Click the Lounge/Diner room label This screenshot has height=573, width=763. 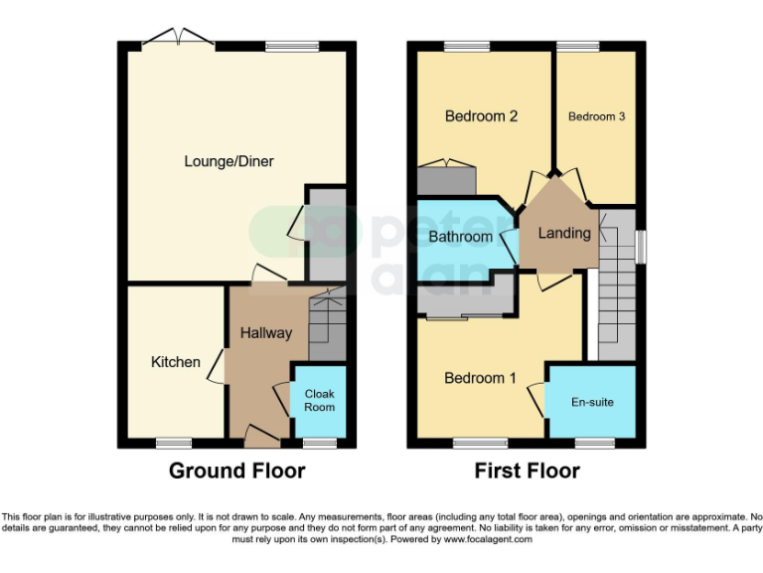[x=229, y=161]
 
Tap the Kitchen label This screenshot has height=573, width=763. [x=176, y=362]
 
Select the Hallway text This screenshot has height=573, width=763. [x=266, y=333]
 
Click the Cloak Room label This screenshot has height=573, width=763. [x=319, y=400]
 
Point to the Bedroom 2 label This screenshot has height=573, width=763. [x=481, y=116]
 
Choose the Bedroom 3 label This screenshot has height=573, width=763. [x=596, y=116]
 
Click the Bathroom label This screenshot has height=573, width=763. [x=460, y=237]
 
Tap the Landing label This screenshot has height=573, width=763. [x=563, y=234]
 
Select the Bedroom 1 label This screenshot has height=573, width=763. [x=480, y=378]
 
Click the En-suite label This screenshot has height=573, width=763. [x=592, y=403]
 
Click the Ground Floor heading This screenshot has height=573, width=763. [x=236, y=471]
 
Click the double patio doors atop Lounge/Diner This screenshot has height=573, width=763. [x=178, y=39]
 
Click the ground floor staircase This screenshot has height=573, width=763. [x=326, y=323]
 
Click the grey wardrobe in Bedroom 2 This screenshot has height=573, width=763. [x=447, y=181]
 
